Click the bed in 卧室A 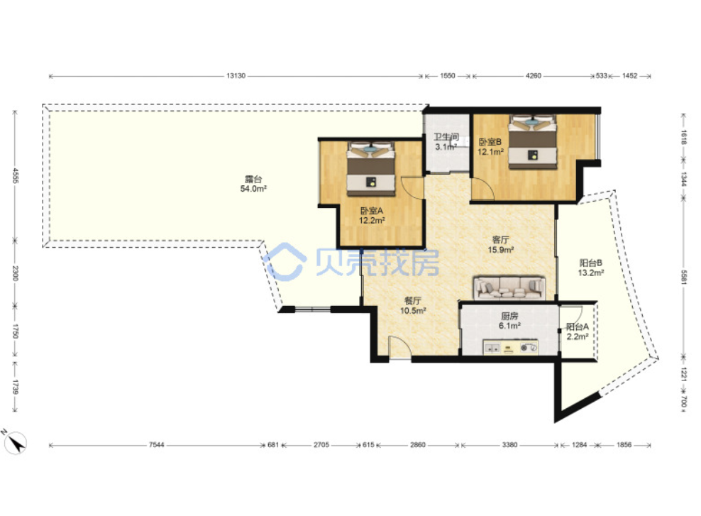click(371, 169)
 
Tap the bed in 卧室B click(533, 142)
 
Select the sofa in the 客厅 click(509, 287)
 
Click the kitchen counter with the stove click(511, 347)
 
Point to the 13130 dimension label click(236, 76)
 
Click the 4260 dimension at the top click(533, 76)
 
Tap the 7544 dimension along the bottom click(157, 445)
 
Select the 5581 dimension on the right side click(683, 277)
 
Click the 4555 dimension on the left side click(15, 176)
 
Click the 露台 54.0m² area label click(253, 185)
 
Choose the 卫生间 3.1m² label click(446, 142)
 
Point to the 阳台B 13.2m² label click(591, 268)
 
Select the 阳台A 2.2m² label click(577, 331)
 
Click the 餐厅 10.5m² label click(413, 305)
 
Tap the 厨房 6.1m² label click(509, 321)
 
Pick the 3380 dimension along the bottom click(509, 445)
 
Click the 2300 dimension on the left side click(15, 273)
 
